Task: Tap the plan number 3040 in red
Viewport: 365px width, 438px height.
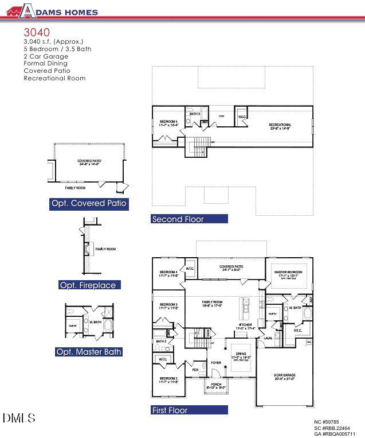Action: [37, 32]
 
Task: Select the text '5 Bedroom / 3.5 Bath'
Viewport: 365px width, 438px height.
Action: [57, 49]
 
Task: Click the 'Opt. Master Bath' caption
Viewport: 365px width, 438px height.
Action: [88, 352]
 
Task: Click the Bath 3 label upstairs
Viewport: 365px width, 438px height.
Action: [195, 114]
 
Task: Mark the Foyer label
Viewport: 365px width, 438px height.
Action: [215, 363]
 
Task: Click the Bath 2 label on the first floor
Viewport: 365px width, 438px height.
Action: [161, 341]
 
